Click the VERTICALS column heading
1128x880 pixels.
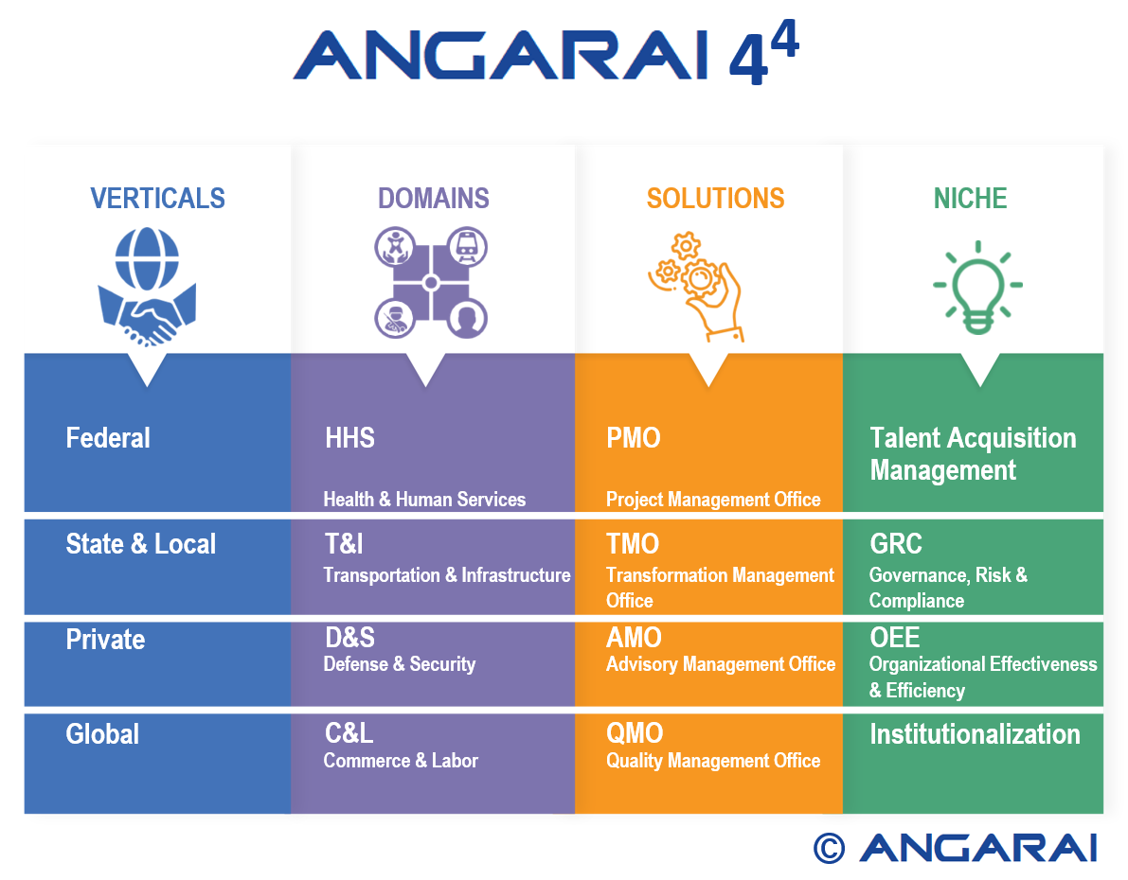157,199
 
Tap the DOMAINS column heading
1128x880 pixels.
434,199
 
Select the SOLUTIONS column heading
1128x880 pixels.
715,199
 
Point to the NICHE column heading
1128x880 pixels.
970,199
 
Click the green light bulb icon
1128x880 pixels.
977,288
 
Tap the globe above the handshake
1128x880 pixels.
148,259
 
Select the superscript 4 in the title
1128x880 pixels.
784,41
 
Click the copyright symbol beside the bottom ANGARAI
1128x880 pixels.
829,849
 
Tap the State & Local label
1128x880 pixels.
141,544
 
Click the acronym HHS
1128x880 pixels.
349,438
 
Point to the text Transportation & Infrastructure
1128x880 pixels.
447,575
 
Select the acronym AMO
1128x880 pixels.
634,638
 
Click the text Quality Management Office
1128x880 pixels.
713,761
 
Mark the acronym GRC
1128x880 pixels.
896,544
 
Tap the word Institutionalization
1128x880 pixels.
975,734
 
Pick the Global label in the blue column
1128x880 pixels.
102,734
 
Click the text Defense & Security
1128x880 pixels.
400,664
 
